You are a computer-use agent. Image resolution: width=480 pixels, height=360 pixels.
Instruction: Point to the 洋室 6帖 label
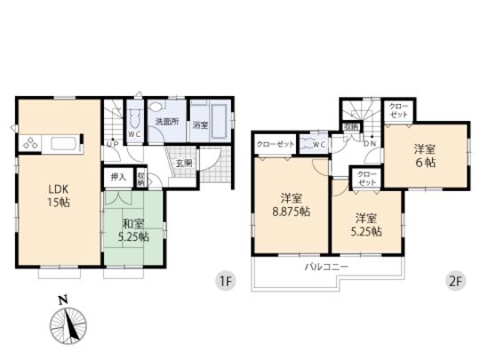pos(424,156)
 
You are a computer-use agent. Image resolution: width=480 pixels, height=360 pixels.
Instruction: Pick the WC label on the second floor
pos(317,144)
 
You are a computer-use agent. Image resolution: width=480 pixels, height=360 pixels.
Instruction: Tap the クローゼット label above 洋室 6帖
pos(396,111)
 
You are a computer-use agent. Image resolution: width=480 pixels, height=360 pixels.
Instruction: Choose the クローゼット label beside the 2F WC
pos(275,144)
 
